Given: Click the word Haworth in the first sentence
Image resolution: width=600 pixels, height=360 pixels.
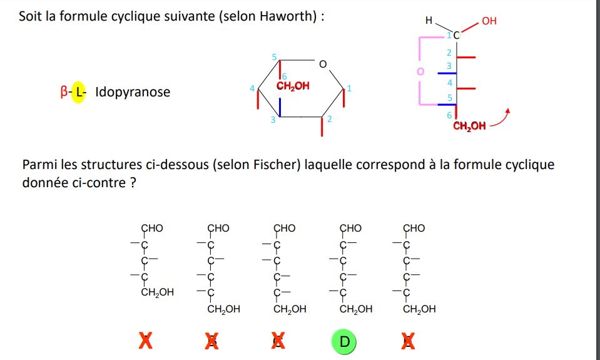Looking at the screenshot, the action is (x=285, y=16).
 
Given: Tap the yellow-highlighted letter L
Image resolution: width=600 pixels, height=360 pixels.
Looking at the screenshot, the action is (x=79, y=92).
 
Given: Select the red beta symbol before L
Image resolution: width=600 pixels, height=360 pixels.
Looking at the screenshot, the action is (x=64, y=92).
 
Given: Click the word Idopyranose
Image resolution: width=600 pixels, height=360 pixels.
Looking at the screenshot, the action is (x=133, y=92).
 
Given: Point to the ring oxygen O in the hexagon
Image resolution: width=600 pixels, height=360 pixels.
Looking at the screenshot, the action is (x=323, y=64).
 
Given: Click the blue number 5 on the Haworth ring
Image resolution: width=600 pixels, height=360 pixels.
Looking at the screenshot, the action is (x=275, y=58).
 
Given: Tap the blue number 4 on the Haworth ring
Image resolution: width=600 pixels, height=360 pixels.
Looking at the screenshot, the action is (x=252, y=88).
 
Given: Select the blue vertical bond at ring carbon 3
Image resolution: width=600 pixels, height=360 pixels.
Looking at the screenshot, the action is (x=280, y=107).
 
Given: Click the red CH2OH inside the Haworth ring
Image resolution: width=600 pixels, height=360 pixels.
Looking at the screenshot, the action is (x=293, y=86).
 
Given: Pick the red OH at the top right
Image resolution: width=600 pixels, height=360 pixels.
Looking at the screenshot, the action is (x=489, y=21).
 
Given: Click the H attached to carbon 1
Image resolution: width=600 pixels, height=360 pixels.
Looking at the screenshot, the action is (x=429, y=20).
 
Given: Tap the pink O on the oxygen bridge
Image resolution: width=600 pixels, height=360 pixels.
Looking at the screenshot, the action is (x=420, y=71).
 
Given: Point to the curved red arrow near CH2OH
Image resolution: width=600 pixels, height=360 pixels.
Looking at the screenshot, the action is (x=501, y=120).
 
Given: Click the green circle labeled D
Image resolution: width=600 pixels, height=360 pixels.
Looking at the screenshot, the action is (x=344, y=342).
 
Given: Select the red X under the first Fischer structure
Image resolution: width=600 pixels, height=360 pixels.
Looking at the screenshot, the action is (x=145, y=341).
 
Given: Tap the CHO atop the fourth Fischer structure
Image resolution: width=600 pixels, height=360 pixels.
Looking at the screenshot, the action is (x=350, y=229).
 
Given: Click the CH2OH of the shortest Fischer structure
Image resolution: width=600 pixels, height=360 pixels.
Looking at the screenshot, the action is (x=157, y=292).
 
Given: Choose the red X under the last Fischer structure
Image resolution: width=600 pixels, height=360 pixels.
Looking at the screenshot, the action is (x=408, y=341).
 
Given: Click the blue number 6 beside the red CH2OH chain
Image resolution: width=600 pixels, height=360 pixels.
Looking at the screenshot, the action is (x=449, y=115).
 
